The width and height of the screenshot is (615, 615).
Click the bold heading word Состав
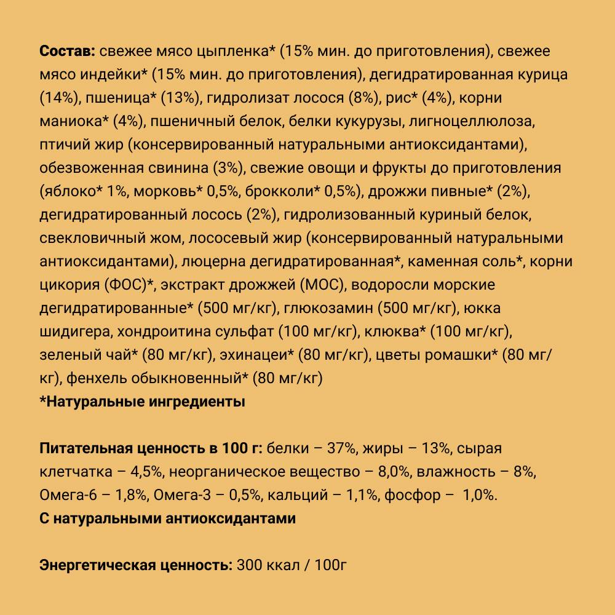(66, 51)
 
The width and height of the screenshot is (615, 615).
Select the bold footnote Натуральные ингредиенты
(142, 403)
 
